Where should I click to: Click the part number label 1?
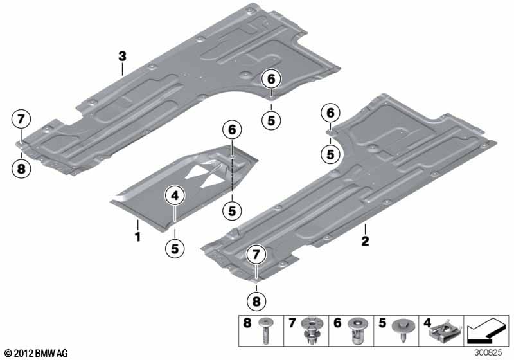(x=138, y=237)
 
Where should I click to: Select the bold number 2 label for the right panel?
(x=365, y=241)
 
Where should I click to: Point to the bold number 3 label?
(x=122, y=57)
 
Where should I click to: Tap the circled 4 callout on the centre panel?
(x=175, y=195)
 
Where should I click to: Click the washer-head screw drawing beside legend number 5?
(x=403, y=328)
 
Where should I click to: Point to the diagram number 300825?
(x=488, y=353)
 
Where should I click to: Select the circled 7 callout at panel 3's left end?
(x=21, y=119)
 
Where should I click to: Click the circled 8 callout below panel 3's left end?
(x=21, y=169)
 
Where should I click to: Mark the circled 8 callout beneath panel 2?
(x=256, y=301)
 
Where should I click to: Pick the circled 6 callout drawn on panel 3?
(x=271, y=79)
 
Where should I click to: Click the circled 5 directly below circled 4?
(x=175, y=248)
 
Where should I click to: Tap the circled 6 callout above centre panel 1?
(x=232, y=129)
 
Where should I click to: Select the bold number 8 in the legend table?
(x=247, y=323)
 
